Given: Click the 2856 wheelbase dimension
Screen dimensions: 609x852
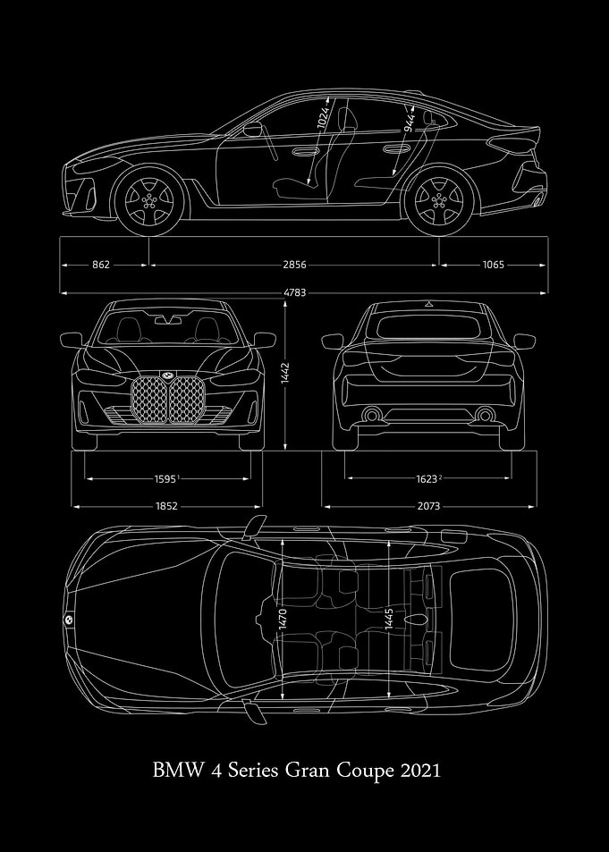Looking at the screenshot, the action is click(294, 265).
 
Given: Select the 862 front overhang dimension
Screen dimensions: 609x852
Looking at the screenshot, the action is click(100, 265).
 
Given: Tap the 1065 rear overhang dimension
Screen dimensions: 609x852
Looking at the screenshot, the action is click(493, 265).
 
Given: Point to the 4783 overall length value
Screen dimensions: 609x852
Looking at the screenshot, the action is click(294, 293).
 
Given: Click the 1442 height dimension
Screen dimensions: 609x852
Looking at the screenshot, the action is click(286, 374).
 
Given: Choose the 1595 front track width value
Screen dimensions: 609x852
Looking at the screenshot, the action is click(165, 478).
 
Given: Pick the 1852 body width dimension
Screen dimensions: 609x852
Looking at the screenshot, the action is click(166, 506).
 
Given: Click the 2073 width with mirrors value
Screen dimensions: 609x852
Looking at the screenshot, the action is click(428, 506).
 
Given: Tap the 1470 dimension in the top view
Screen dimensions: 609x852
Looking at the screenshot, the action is click(283, 619).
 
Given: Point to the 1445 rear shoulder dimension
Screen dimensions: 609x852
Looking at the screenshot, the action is click(389, 619).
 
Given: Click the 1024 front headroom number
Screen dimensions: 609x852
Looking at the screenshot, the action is click(323, 118).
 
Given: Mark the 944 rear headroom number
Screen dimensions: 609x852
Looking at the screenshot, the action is click(410, 122).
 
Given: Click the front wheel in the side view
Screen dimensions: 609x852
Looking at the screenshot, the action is click(149, 200).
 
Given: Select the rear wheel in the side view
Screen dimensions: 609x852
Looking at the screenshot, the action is click(439, 200).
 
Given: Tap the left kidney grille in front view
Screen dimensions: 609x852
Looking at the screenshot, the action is click(149, 400).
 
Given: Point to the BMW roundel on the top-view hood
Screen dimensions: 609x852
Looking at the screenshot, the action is click(69, 620).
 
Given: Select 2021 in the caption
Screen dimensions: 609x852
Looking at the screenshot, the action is click(419, 771).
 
